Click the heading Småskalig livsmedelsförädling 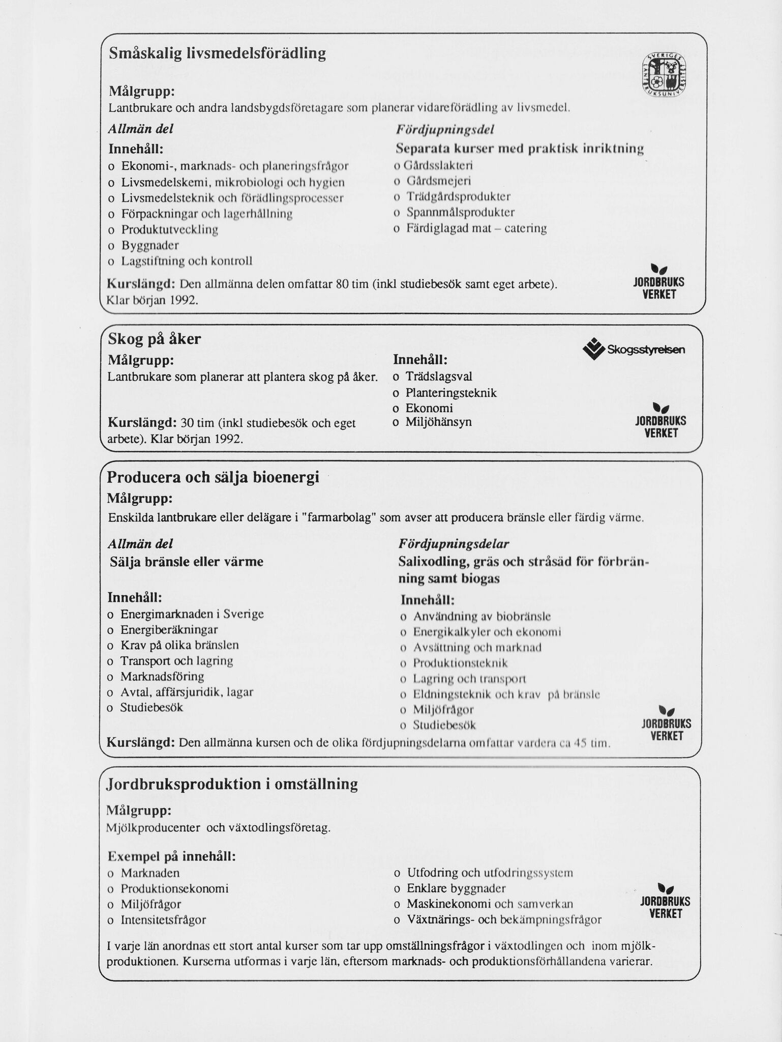tap(218, 53)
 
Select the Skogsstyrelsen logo tap(634, 350)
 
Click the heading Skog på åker tap(155, 339)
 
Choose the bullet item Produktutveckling tap(169, 229)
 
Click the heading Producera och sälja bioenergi tap(213, 477)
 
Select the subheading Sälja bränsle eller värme tap(187, 562)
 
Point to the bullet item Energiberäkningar tap(169, 629)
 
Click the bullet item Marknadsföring tap(162, 677)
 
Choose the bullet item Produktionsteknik tap(460, 663)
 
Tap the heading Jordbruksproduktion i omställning tap(232, 784)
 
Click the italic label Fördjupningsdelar tap(454, 544)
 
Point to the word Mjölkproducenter tap(153, 828)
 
